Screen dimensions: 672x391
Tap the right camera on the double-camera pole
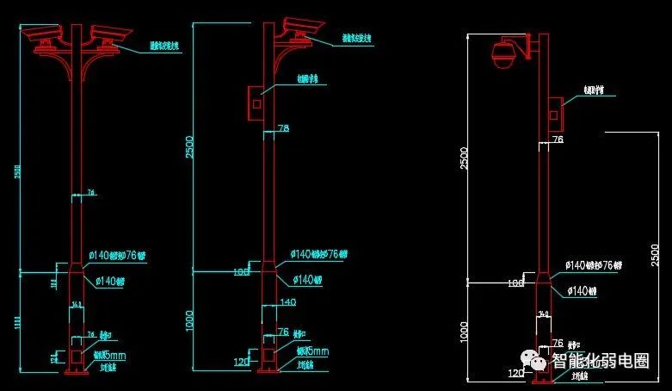(x=111, y=34)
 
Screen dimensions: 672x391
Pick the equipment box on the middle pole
(x=256, y=101)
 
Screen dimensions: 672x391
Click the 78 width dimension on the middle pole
(x=283, y=128)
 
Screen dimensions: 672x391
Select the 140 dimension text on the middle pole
(x=287, y=302)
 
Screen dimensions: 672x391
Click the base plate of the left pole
(x=77, y=372)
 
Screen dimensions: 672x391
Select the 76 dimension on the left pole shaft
(x=89, y=193)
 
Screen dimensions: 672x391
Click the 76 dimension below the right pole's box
(x=558, y=139)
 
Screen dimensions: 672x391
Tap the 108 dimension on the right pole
(x=515, y=282)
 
